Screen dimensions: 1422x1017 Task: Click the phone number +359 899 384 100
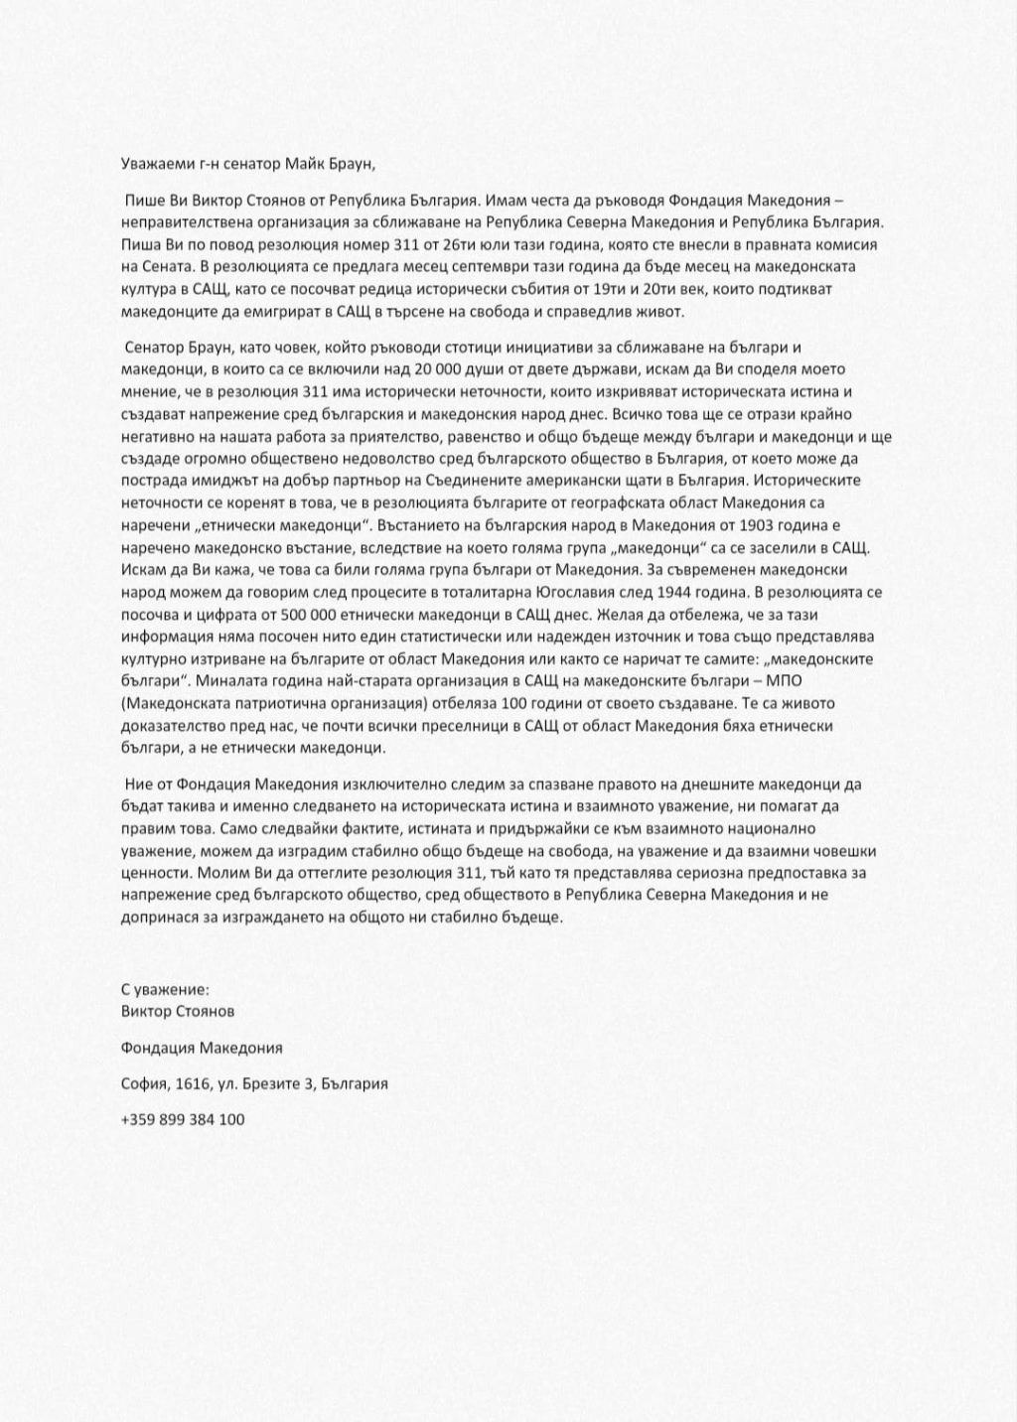click(x=183, y=1119)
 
